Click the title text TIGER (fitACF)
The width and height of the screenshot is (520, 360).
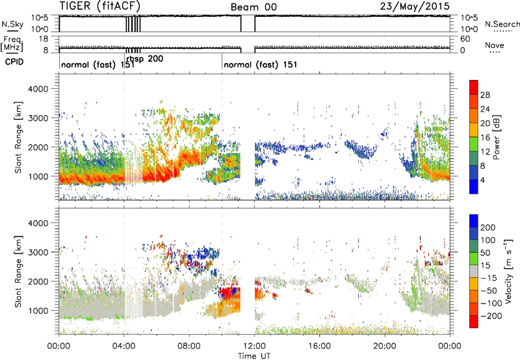pyautogui.click(x=100, y=6)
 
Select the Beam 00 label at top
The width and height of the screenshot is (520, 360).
pyautogui.click(x=253, y=7)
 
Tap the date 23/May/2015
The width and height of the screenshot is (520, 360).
pyautogui.click(x=415, y=6)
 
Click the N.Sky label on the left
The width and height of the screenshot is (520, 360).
pyautogui.click(x=12, y=24)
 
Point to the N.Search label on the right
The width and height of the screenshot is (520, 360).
pyautogui.click(x=502, y=24)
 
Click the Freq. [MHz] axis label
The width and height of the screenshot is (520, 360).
pyautogui.click(x=12, y=44)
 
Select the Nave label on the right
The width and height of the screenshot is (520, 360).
pyautogui.click(x=495, y=45)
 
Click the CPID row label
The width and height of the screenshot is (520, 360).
pyautogui.click(x=14, y=62)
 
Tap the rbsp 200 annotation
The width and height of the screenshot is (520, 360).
pyautogui.click(x=145, y=59)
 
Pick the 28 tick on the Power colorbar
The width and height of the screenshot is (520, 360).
pyautogui.click(x=485, y=95)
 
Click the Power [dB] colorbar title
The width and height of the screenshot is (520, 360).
pyautogui.click(x=496, y=137)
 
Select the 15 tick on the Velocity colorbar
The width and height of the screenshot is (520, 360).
pyautogui.click(x=485, y=266)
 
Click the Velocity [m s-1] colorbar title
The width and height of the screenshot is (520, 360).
pyautogui.click(x=508, y=271)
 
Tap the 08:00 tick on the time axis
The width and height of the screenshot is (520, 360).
pyautogui.click(x=189, y=346)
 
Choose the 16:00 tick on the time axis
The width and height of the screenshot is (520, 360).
pyautogui.click(x=319, y=346)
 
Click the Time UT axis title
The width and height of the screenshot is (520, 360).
pyautogui.click(x=254, y=355)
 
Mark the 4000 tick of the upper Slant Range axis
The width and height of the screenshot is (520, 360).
pyautogui.click(x=38, y=89)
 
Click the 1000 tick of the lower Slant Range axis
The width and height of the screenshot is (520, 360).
pyautogui.click(x=38, y=311)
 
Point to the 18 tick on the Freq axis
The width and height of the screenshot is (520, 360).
pyautogui.click(x=44, y=39)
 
